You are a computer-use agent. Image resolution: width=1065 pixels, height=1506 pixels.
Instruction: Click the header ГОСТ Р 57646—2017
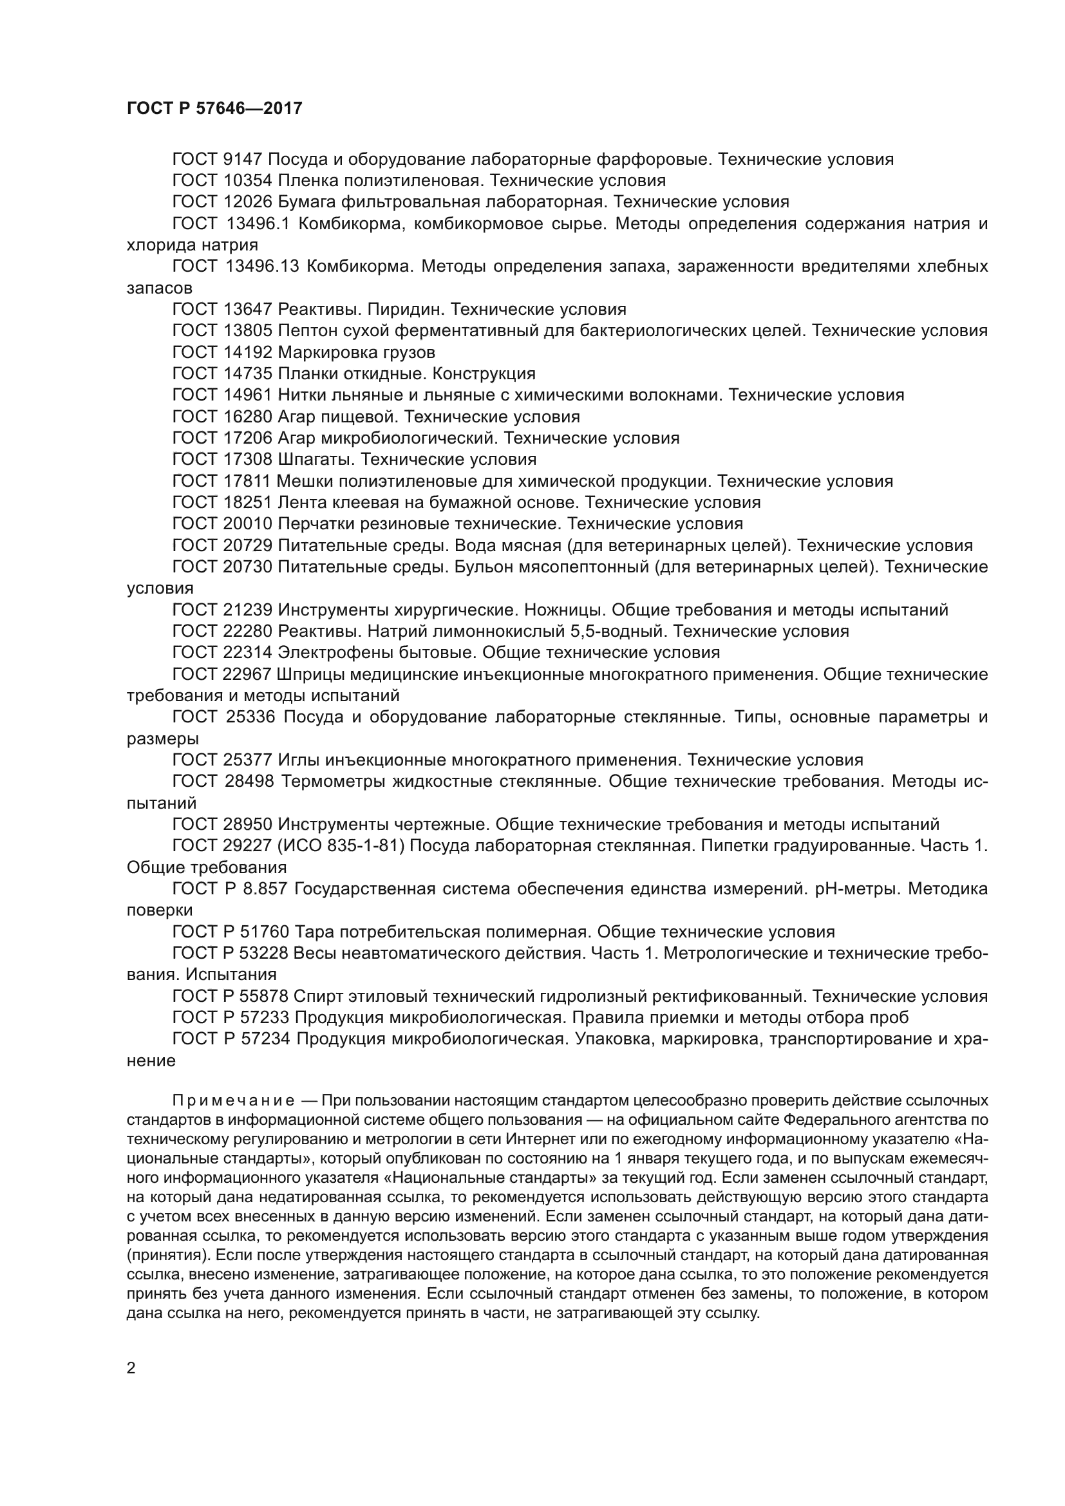coord(214,108)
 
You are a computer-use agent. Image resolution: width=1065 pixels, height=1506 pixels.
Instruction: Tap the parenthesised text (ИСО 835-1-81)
coord(341,846)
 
